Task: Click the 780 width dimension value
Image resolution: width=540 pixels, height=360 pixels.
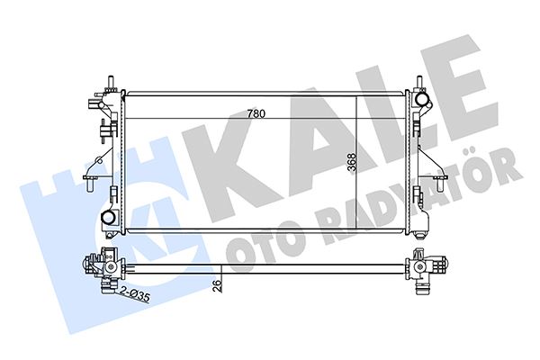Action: (x=256, y=113)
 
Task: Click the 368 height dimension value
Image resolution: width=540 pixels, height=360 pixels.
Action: (x=352, y=162)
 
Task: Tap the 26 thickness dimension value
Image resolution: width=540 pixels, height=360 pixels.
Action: (x=217, y=285)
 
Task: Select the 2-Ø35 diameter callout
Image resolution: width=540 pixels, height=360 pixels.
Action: (x=135, y=295)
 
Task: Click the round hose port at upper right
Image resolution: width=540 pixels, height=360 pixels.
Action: (x=421, y=99)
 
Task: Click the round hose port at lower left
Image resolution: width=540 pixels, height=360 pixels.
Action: (x=108, y=218)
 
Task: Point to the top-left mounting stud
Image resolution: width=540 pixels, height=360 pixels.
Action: (x=111, y=84)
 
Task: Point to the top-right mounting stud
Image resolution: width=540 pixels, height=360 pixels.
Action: (x=419, y=83)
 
